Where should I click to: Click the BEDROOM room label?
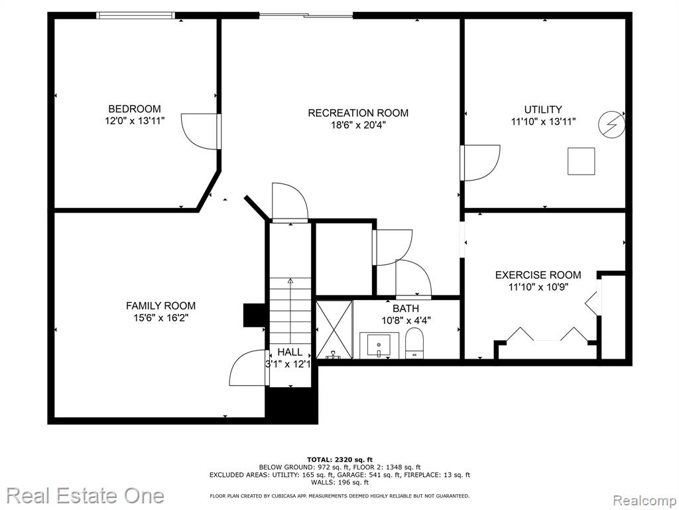click(x=134, y=109)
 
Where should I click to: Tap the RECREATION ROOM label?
click(x=358, y=113)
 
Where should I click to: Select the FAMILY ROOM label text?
click(x=160, y=305)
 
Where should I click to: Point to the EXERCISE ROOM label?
click(x=538, y=275)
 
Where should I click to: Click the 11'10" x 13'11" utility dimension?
click(x=544, y=122)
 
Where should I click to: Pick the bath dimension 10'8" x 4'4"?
click(x=406, y=321)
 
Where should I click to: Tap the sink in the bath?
click(x=379, y=345)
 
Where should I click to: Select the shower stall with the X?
click(x=334, y=329)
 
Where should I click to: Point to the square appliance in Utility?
click(x=581, y=161)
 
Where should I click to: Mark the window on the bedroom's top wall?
click(x=135, y=16)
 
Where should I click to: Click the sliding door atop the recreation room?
click(x=306, y=16)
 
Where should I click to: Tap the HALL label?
click(x=290, y=352)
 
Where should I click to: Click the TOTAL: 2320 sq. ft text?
click(x=339, y=460)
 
